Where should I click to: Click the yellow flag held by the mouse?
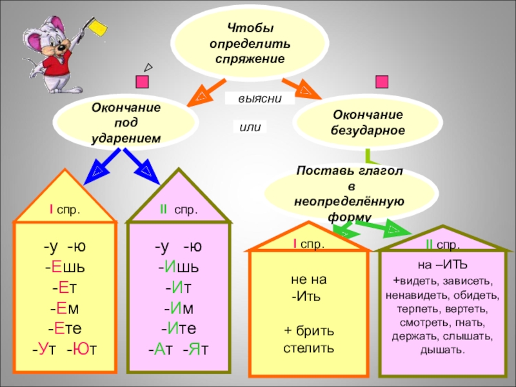pyautogui.click(x=99, y=27)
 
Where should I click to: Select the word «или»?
pyautogui.click(x=250, y=127)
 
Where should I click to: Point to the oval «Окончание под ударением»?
pyautogui.click(x=126, y=123)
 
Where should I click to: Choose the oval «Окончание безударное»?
pyautogui.click(x=368, y=122)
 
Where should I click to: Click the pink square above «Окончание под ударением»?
pyautogui.click(x=143, y=82)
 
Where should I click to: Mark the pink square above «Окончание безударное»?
pyautogui.click(x=381, y=82)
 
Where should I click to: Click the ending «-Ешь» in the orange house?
pyautogui.click(x=64, y=266)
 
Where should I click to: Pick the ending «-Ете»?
pyautogui.click(x=64, y=328)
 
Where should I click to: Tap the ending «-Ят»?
pyautogui.click(x=196, y=349)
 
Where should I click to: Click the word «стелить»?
pyautogui.click(x=309, y=349)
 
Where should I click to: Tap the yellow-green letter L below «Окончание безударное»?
pyautogui.click(x=368, y=156)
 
